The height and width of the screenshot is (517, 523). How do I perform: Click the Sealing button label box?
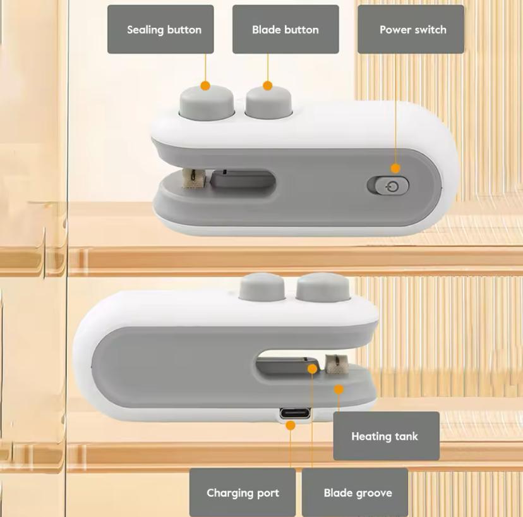pos(160,29)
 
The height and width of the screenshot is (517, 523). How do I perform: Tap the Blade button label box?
pos(286,29)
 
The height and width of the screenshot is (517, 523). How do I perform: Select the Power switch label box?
pos(411,29)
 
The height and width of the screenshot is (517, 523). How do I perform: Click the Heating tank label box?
pos(386,436)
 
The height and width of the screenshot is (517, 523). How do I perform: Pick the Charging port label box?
pos(243,492)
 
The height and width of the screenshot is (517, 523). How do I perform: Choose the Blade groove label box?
pos(355,492)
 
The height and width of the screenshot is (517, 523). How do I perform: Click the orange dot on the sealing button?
pos(205,86)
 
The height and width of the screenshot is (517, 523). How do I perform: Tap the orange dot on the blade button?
pos(268,86)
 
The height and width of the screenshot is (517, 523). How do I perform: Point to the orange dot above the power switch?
pos(395,168)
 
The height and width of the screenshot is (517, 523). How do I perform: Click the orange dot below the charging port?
pos(291,425)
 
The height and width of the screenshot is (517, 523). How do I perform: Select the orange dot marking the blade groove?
pos(312,369)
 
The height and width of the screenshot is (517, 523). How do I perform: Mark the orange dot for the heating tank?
pos(339,389)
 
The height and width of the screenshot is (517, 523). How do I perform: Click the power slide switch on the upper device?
pos(388,186)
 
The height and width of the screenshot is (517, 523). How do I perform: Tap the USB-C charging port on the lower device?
pos(294,413)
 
